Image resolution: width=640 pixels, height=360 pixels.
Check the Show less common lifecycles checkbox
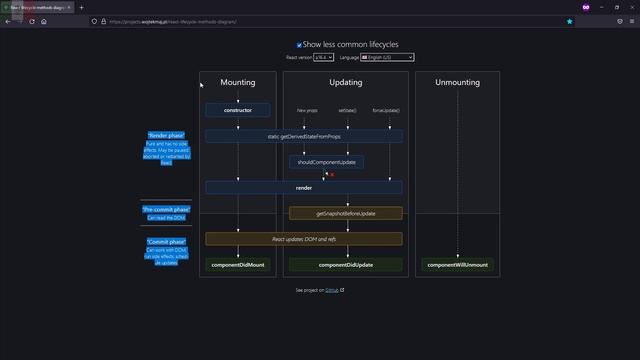tap(299, 45)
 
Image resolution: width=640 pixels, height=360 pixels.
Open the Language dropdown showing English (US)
tap(387, 58)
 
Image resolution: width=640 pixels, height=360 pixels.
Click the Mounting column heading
tap(237, 82)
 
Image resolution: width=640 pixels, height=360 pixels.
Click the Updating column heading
tap(346, 82)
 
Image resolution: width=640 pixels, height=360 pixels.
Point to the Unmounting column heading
tap(457, 82)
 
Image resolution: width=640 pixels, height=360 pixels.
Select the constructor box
tap(237, 110)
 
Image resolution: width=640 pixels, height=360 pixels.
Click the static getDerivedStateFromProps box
tap(304, 135)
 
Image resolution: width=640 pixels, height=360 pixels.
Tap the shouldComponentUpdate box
tap(326, 161)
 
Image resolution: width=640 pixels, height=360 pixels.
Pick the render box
tap(304, 187)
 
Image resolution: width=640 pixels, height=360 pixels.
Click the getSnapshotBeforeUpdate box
tap(346, 213)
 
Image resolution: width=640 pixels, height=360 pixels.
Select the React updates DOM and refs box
tap(304, 239)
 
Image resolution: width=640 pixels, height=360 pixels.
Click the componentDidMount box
tap(237, 265)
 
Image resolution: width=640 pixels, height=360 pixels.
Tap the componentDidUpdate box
tap(346, 265)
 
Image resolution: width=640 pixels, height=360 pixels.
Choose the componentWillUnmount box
tap(457, 265)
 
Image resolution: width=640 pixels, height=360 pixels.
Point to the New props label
tap(308, 110)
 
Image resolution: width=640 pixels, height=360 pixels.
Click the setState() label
tap(347, 110)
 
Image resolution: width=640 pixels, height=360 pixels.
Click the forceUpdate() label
tap(385, 110)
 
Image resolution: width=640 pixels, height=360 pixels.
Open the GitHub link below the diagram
tap(333, 290)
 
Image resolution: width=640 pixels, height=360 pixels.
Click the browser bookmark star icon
tap(570, 21)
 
